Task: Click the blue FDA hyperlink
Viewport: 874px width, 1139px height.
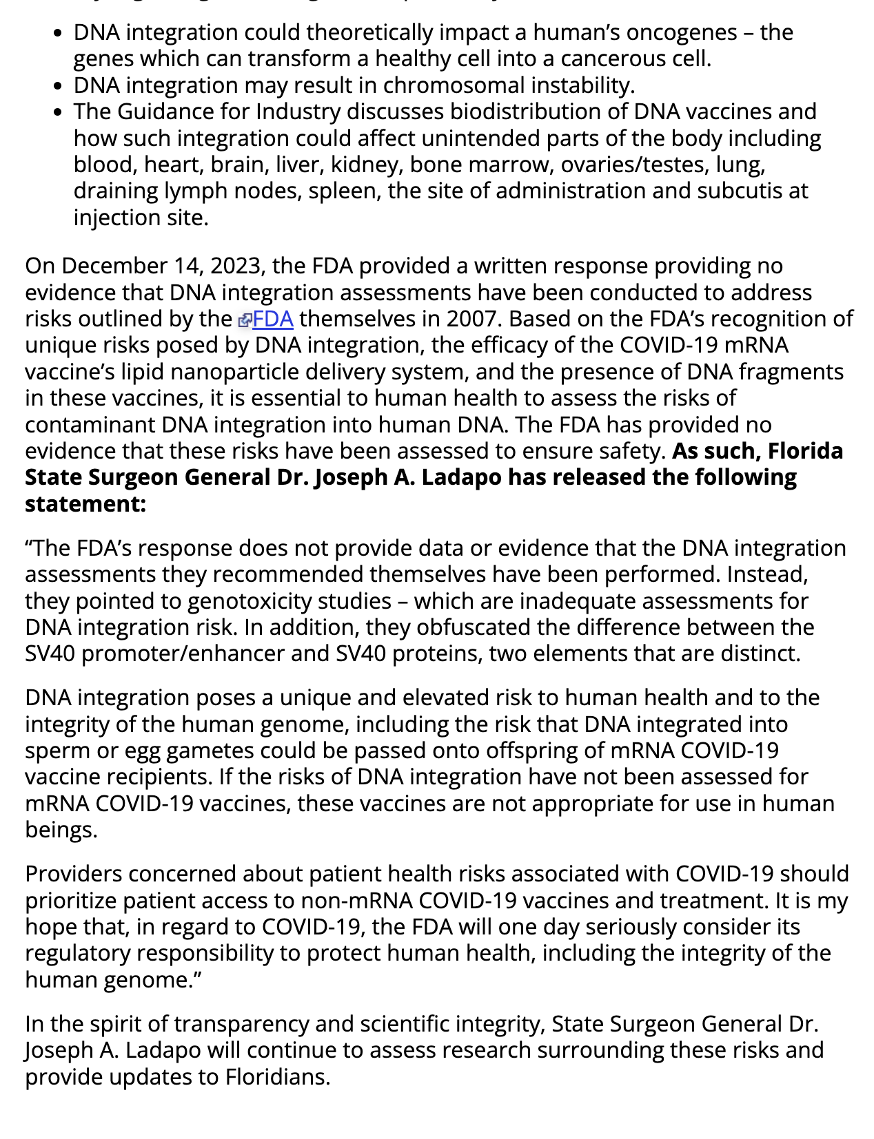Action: coord(273,320)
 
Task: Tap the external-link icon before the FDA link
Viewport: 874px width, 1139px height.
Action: coord(245,320)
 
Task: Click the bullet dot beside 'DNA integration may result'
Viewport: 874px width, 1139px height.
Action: coord(60,86)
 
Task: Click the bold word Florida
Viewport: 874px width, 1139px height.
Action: coord(805,451)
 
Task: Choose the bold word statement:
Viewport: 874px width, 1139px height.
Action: coord(85,504)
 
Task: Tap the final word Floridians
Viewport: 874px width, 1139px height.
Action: coord(278,1077)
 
